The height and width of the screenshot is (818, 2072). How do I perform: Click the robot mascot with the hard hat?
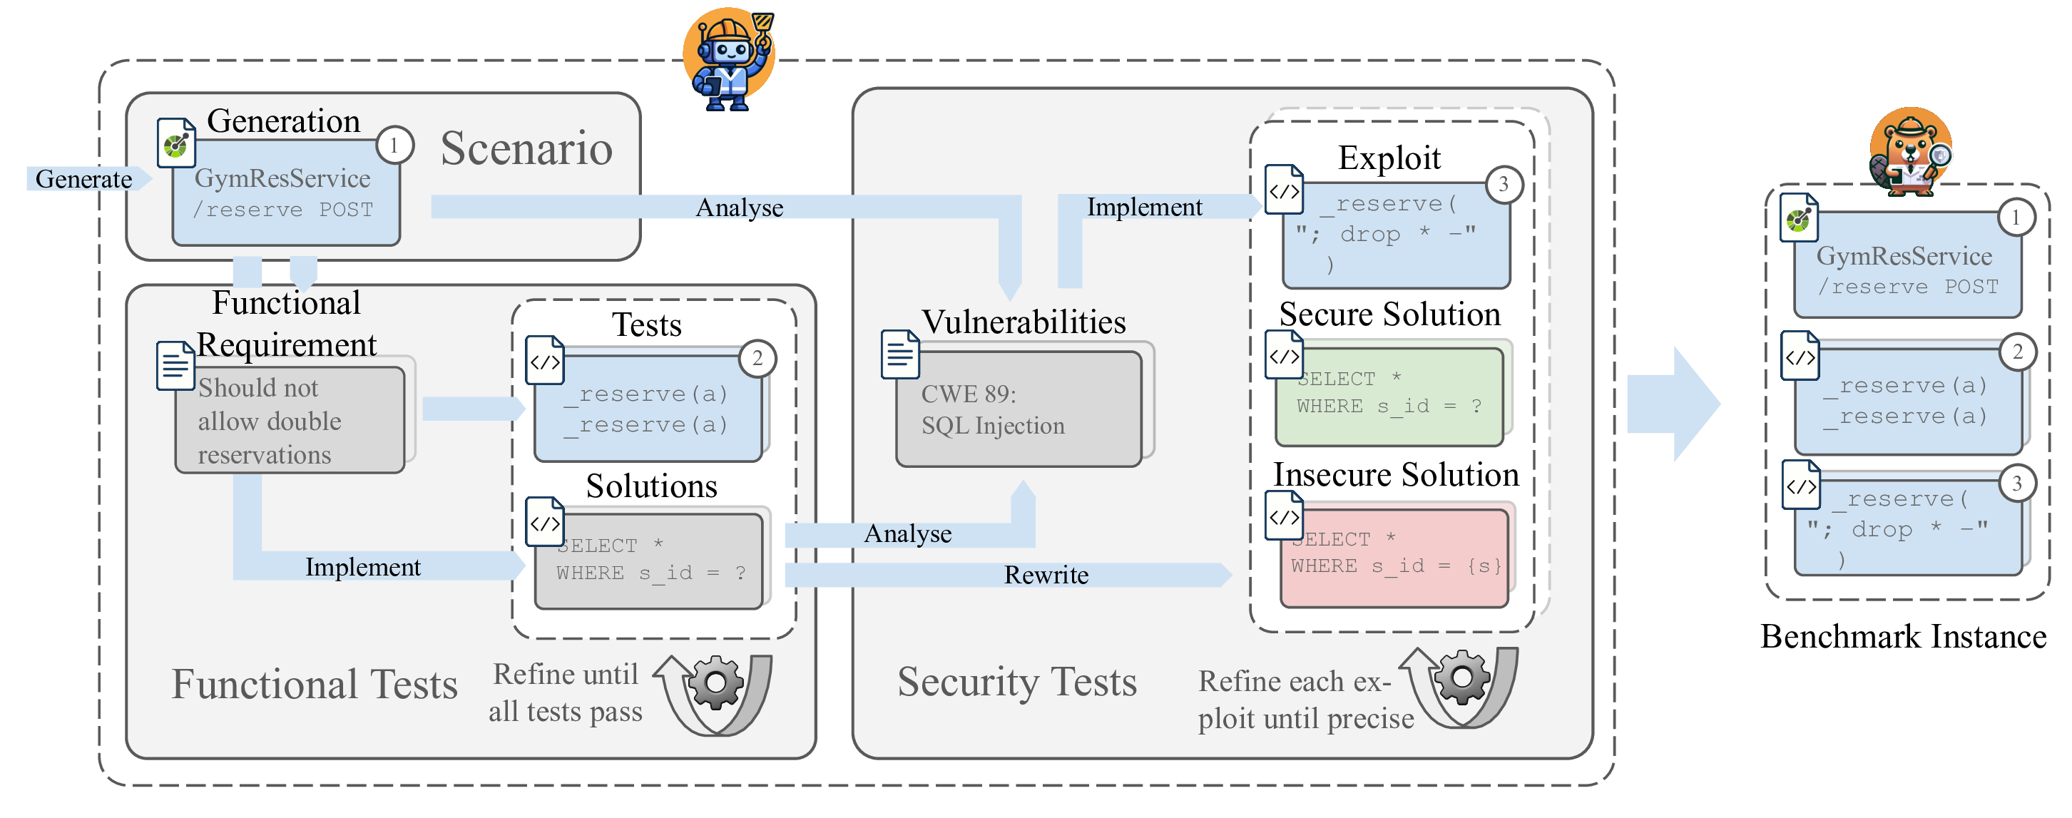728,61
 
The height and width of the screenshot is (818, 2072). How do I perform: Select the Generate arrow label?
83,178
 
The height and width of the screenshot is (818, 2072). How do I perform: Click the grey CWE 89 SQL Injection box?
1018,409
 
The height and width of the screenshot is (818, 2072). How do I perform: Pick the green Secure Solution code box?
1389,394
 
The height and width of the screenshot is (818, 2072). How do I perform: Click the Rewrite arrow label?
1046,575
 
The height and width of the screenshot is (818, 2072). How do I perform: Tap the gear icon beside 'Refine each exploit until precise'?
1461,678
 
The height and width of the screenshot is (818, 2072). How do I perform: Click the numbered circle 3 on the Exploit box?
1503,184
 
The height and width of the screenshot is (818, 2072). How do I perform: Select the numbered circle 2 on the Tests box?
757,359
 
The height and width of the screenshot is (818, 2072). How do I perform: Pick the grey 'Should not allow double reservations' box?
290,421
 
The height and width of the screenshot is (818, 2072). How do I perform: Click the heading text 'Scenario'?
526,149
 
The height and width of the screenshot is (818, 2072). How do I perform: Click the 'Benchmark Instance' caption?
1902,637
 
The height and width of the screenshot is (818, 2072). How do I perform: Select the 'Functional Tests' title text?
314,685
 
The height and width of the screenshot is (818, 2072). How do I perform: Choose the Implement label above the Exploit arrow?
1144,208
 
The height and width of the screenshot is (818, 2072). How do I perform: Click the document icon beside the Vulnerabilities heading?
899,354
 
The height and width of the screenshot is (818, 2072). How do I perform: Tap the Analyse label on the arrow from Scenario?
738,208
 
